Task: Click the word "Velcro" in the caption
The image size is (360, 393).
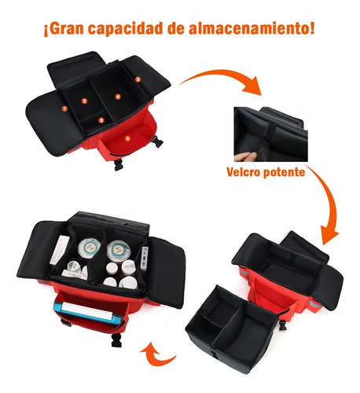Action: click(x=243, y=172)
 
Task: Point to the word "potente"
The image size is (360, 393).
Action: click(x=284, y=173)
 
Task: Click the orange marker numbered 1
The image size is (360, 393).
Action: click(x=64, y=108)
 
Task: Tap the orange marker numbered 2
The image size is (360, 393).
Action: click(x=84, y=101)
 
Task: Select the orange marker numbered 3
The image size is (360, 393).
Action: click(x=101, y=120)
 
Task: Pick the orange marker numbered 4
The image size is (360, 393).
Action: click(x=118, y=97)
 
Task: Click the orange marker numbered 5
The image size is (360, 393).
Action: click(x=138, y=79)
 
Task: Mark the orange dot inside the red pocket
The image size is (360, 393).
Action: click(x=127, y=138)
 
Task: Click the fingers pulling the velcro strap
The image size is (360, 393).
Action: click(x=245, y=157)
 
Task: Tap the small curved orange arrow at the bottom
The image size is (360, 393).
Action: click(x=157, y=356)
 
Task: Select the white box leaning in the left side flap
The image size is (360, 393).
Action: click(x=60, y=249)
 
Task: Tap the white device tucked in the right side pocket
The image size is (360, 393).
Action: click(x=145, y=258)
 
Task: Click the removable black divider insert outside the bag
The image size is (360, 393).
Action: click(x=231, y=329)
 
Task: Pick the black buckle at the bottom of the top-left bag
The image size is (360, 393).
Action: click(x=119, y=165)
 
